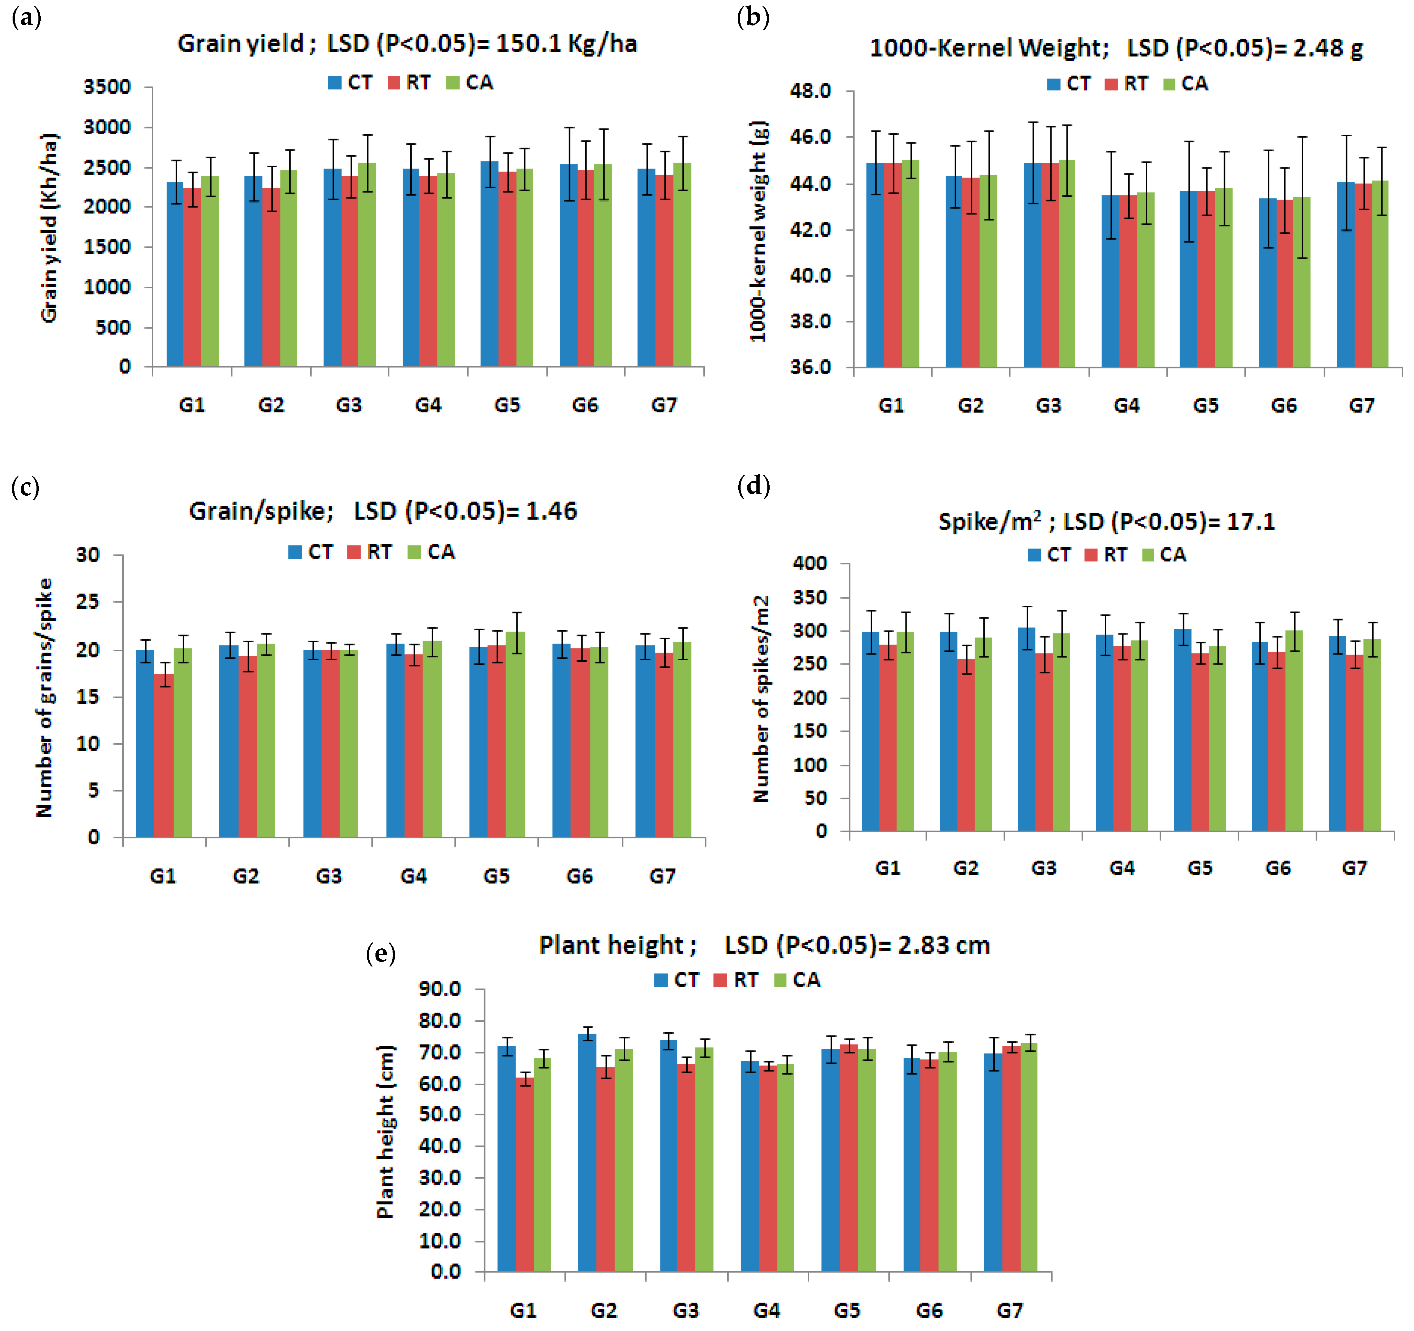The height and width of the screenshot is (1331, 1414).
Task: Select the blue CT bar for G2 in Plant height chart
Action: point(587,1152)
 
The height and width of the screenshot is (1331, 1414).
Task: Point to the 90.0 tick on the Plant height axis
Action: point(440,989)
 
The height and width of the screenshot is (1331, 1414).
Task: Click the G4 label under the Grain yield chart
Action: point(428,406)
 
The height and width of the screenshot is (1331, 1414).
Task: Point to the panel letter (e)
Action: point(381,953)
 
